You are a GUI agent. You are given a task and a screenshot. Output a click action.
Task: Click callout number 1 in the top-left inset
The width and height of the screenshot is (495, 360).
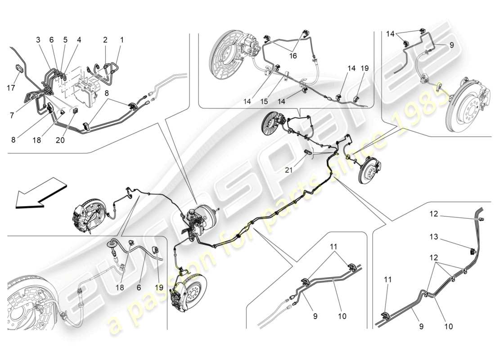tap(121, 40)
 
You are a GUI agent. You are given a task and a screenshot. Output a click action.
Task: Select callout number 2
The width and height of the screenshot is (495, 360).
tap(105, 40)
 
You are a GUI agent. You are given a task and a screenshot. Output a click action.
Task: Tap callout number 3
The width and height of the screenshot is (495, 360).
tap(38, 40)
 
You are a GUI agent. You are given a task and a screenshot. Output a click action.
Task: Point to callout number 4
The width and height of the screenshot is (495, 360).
tap(79, 40)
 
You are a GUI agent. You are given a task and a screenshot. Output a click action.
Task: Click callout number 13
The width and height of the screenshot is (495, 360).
tap(432, 237)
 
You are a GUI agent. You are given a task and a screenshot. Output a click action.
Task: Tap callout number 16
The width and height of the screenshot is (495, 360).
tap(293, 56)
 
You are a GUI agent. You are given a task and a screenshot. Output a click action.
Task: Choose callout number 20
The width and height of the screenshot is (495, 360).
tap(60, 140)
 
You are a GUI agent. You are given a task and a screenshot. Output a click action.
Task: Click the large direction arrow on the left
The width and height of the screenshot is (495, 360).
tap(40, 193)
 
